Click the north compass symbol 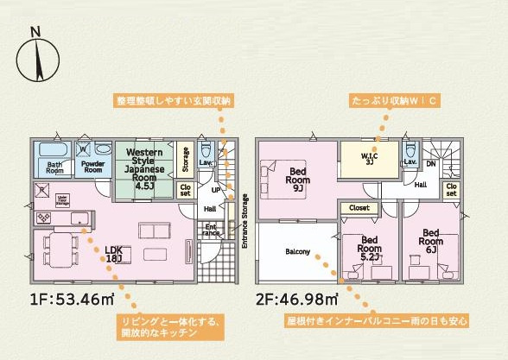pyautogui.click(x=35, y=59)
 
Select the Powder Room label pyautogui.click(x=92, y=166)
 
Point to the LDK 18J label pyautogui.click(x=114, y=255)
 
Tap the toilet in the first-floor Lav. pyautogui.click(x=206, y=146)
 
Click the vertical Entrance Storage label pyautogui.click(x=244, y=222)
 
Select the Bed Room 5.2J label pyautogui.click(x=370, y=247)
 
